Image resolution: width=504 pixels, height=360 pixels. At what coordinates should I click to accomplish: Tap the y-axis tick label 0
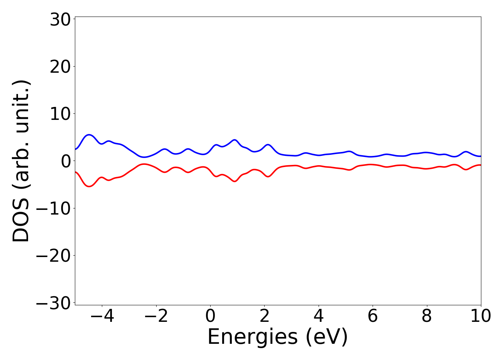65,161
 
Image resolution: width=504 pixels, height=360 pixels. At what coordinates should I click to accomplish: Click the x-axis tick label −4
102,316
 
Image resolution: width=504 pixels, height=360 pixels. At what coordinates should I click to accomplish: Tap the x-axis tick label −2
156,316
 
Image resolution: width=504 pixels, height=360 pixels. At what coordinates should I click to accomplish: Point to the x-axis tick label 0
210,316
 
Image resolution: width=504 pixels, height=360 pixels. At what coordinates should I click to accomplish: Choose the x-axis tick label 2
265,316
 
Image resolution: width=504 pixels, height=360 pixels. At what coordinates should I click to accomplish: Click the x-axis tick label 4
319,316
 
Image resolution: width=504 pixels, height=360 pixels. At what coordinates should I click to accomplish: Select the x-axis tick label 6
373,316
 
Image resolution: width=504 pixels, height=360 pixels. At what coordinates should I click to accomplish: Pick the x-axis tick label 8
427,316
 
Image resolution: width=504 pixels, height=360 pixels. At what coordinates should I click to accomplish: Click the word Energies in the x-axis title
253,337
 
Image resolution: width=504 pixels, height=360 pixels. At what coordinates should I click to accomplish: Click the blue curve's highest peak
89,135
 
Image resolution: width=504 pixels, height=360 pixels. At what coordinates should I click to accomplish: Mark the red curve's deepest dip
89,186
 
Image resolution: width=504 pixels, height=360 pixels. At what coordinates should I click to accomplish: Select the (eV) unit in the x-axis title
327,337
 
